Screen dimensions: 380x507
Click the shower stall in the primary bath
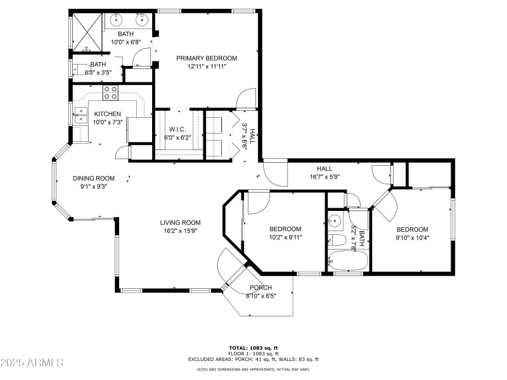[x=85, y=30]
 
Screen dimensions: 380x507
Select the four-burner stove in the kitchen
[x=111, y=92]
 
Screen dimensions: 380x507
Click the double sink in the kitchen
[x=80, y=115]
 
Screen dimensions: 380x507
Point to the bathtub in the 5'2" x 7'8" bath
[x=346, y=262]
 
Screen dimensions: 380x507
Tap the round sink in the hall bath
[x=334, y=221]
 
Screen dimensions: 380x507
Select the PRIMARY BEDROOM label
[x=207, y=58]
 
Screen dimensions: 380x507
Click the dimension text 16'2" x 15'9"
[x=180, y=231]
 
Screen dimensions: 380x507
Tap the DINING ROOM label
[x=93, y=178]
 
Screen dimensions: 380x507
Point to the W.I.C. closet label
[x=177, y=129]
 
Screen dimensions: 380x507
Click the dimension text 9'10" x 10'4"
[x=412, y=237]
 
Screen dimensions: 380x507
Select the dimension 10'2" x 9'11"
[x=285, y=237]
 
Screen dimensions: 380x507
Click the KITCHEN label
[x=107, y=114]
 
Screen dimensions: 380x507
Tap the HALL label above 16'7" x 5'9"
[x=324, y=168]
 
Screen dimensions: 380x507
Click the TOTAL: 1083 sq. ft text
[x=253, y=348]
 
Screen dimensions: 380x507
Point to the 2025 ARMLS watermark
[x=32, y=363]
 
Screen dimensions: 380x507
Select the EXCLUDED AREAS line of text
[x=253, y=359]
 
